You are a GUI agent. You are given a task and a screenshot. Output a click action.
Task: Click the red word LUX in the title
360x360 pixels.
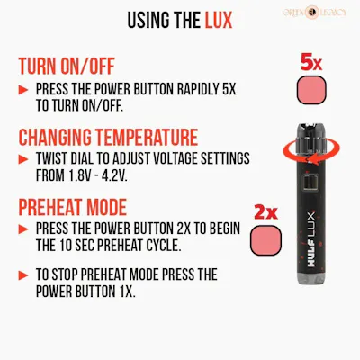coord(219,20)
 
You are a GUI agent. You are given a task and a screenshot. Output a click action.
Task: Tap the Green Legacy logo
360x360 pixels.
coord(314,13)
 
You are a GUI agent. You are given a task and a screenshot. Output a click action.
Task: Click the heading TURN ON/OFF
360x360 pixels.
coord(67,67)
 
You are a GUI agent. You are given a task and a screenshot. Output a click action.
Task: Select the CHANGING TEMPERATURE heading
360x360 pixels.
coord(108,137)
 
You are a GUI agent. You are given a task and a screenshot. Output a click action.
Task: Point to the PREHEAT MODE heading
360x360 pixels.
coord(73,207)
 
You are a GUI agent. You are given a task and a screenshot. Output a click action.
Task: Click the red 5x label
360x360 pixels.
coord(311,63)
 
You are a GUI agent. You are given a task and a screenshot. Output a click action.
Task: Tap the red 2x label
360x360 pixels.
coord(265,212)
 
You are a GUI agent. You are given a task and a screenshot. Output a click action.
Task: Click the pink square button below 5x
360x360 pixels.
coord(311,90)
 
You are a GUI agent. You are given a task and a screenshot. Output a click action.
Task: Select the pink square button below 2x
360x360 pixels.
coord(265,240)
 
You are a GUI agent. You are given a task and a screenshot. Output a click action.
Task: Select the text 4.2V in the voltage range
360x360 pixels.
coord(115,175)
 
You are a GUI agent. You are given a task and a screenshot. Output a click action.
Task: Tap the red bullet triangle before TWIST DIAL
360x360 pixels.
coord(23,159)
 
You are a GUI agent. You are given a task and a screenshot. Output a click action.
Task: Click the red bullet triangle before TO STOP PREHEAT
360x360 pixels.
coord(23,275)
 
